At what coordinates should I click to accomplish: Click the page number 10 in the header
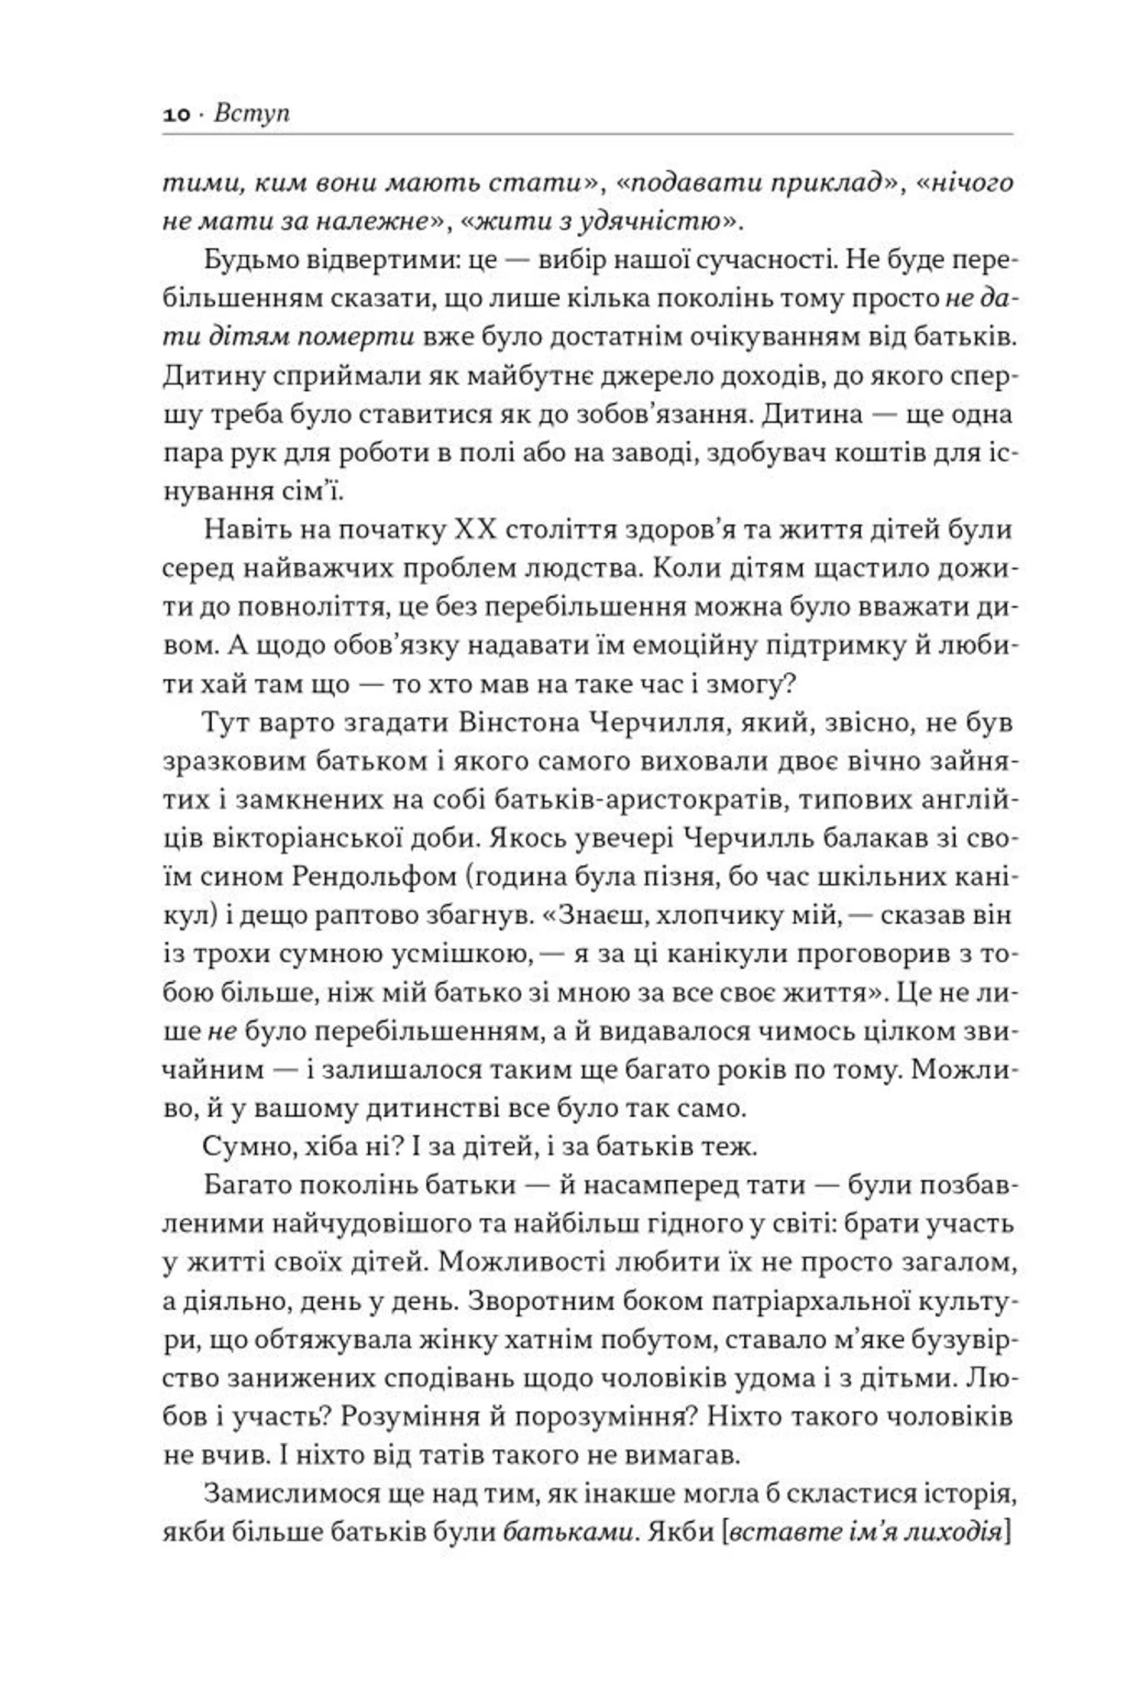pos(176,114)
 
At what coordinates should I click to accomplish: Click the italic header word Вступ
pos(251,113)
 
